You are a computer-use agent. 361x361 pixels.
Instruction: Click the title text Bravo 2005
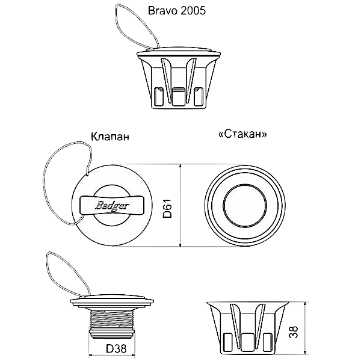tap(176, 11)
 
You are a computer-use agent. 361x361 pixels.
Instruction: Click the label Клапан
tap(110, 137)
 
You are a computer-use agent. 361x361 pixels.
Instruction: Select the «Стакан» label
tap(242, 134)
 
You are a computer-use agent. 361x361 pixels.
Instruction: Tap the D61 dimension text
tap(167, 208)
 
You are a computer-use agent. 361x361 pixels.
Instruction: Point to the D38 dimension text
tap(116, 349)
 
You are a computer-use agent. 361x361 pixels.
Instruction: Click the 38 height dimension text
tap(294, 332)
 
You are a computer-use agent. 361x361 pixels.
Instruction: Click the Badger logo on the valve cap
tap(112, 205)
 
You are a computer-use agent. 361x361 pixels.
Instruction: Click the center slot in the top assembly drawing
tap(179, 97)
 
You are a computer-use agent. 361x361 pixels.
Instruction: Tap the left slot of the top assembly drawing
tap(158, 96)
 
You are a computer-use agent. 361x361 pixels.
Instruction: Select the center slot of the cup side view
tap(247, 342)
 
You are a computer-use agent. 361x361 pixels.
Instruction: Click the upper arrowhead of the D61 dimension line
tap(180, 167)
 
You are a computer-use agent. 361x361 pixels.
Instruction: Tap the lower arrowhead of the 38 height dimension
tap(305, 351)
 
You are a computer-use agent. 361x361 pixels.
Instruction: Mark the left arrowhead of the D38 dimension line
tap(91, 355)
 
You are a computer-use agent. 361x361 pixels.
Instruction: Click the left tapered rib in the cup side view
tap(236, 325)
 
